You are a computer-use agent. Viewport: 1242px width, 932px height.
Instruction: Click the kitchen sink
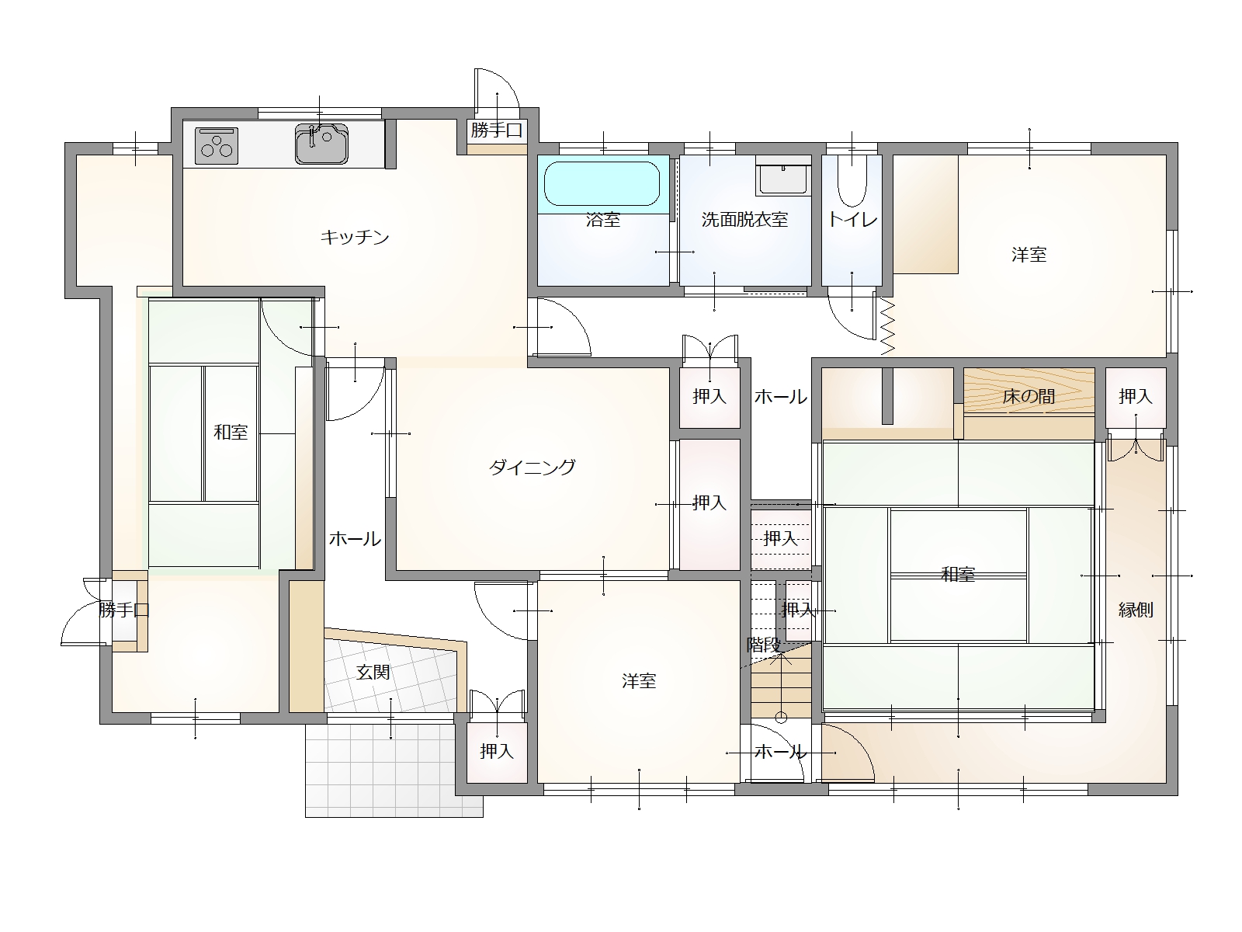click(321, 144)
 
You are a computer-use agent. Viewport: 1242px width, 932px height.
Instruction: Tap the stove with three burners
click(216, 145)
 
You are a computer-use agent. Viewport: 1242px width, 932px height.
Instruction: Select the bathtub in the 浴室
click(602, 184)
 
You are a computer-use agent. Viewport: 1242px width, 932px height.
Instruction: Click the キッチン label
click(355, 237)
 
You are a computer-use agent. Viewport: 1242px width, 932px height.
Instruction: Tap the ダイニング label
click(532, 468)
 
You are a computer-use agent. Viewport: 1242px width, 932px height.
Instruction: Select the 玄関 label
click(373, 673)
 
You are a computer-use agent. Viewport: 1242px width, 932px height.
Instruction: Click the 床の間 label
click(1029, 397)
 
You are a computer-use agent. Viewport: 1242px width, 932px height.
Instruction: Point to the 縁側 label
click(1136, 610)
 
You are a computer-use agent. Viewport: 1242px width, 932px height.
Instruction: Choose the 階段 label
click(764, 645)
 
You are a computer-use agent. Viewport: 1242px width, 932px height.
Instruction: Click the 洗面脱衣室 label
click(744, 220)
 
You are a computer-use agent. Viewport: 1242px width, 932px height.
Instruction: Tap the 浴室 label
click(603, 220)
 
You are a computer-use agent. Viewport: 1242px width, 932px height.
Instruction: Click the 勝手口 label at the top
click(496, 130)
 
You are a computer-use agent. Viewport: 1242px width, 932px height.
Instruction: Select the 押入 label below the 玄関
click(497, 752)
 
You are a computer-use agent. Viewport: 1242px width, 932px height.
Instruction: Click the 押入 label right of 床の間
click(1136, 397)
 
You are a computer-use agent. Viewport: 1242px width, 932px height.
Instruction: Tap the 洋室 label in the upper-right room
click(1029, 255)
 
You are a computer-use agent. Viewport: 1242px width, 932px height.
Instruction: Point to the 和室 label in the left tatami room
click(231, 433)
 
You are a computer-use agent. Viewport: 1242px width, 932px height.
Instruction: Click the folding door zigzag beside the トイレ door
click(887, 328)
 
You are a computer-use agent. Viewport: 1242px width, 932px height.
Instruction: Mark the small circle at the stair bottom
click(781, 718)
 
